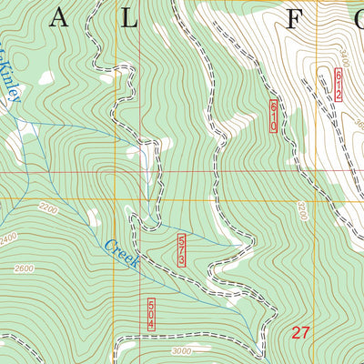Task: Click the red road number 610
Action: tap(273, 117)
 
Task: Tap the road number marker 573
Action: tap(183, 249)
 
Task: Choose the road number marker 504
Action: tap(149, 314)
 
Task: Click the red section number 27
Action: tap(301, 333)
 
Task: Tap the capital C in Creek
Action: tap(109, 245)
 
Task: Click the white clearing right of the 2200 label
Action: tap(93, 217)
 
